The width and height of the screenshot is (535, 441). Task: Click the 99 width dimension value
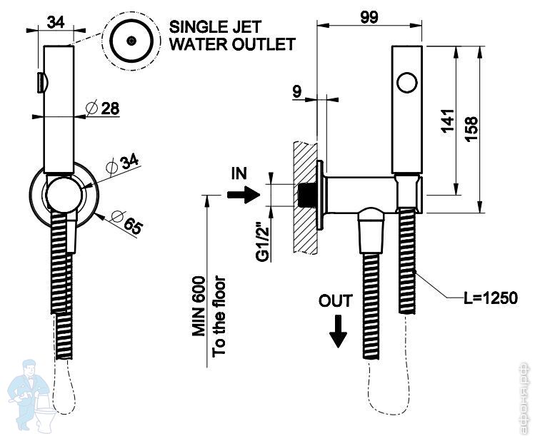click(x=369, y=16)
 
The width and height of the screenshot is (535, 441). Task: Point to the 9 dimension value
click(x=296, y=91)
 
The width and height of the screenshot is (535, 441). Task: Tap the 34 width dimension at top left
click(x=55, y=21)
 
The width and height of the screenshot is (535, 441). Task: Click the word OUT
click(x=336, y=301)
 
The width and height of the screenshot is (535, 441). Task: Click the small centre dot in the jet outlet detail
click(x=130, y=41)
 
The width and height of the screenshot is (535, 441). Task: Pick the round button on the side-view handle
click(x=407, y=83)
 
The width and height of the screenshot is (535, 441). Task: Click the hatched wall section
click(x=303, y=196)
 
